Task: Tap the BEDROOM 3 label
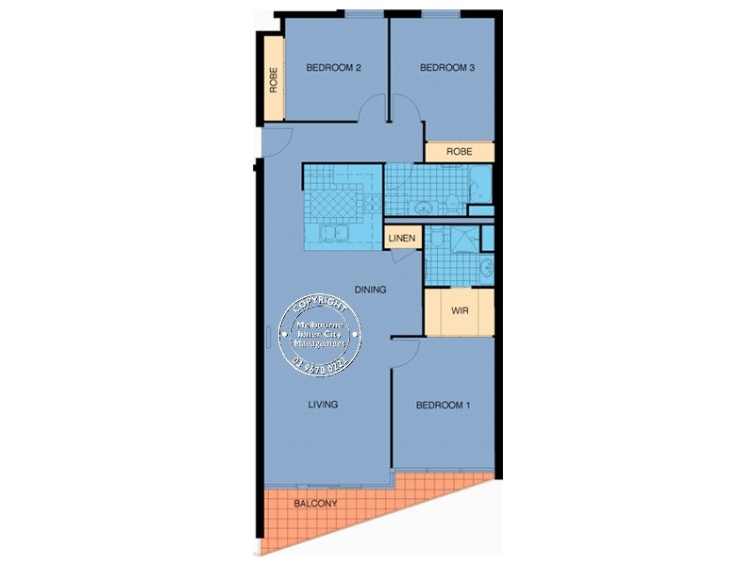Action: point(446,67)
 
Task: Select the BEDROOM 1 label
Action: point(443,406)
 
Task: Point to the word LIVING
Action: point(323,405)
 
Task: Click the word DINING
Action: point(371,290)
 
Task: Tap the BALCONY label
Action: point(315,504)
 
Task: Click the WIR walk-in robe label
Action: point(460,310)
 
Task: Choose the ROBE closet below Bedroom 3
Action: point(459,151)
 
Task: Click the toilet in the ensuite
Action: point(485,268)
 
